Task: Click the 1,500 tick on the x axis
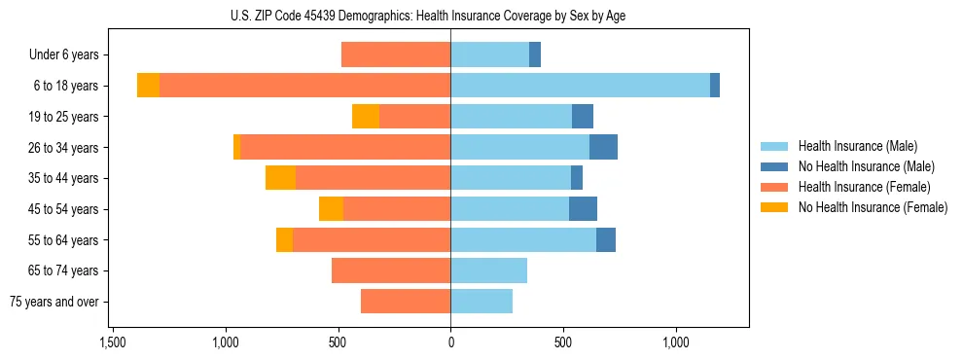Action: pyautogui.click(x=113, y=343)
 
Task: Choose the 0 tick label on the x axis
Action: pyautogui.click(x=450, y=343)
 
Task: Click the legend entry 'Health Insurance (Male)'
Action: pyautogui.click(x=857, y=146)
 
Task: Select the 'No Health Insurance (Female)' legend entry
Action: pyautogui.click(x=873, y=207)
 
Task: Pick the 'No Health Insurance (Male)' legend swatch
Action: pyautogui.click(x=774, y=166)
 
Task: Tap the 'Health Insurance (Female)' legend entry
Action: pyautogui.click(x=865, y=187)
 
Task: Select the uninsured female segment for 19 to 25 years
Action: pyautogui.click(x=366, y=117)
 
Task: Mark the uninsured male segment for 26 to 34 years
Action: pyautogui.click(x=603, y=147)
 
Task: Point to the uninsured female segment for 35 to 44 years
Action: pyautogui.click(x=280, y=178)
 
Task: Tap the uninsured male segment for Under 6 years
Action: pyautogui.click(x=535, y=55)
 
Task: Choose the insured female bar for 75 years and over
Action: pyautogui.click(x=406, y=302)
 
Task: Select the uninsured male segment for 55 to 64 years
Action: pyautogui.click(x=606, y=239)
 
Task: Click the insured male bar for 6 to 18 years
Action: pyautogui.click(x=580, y=86)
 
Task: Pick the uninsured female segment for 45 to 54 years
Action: pyautogui.click(x=331, y=209)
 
